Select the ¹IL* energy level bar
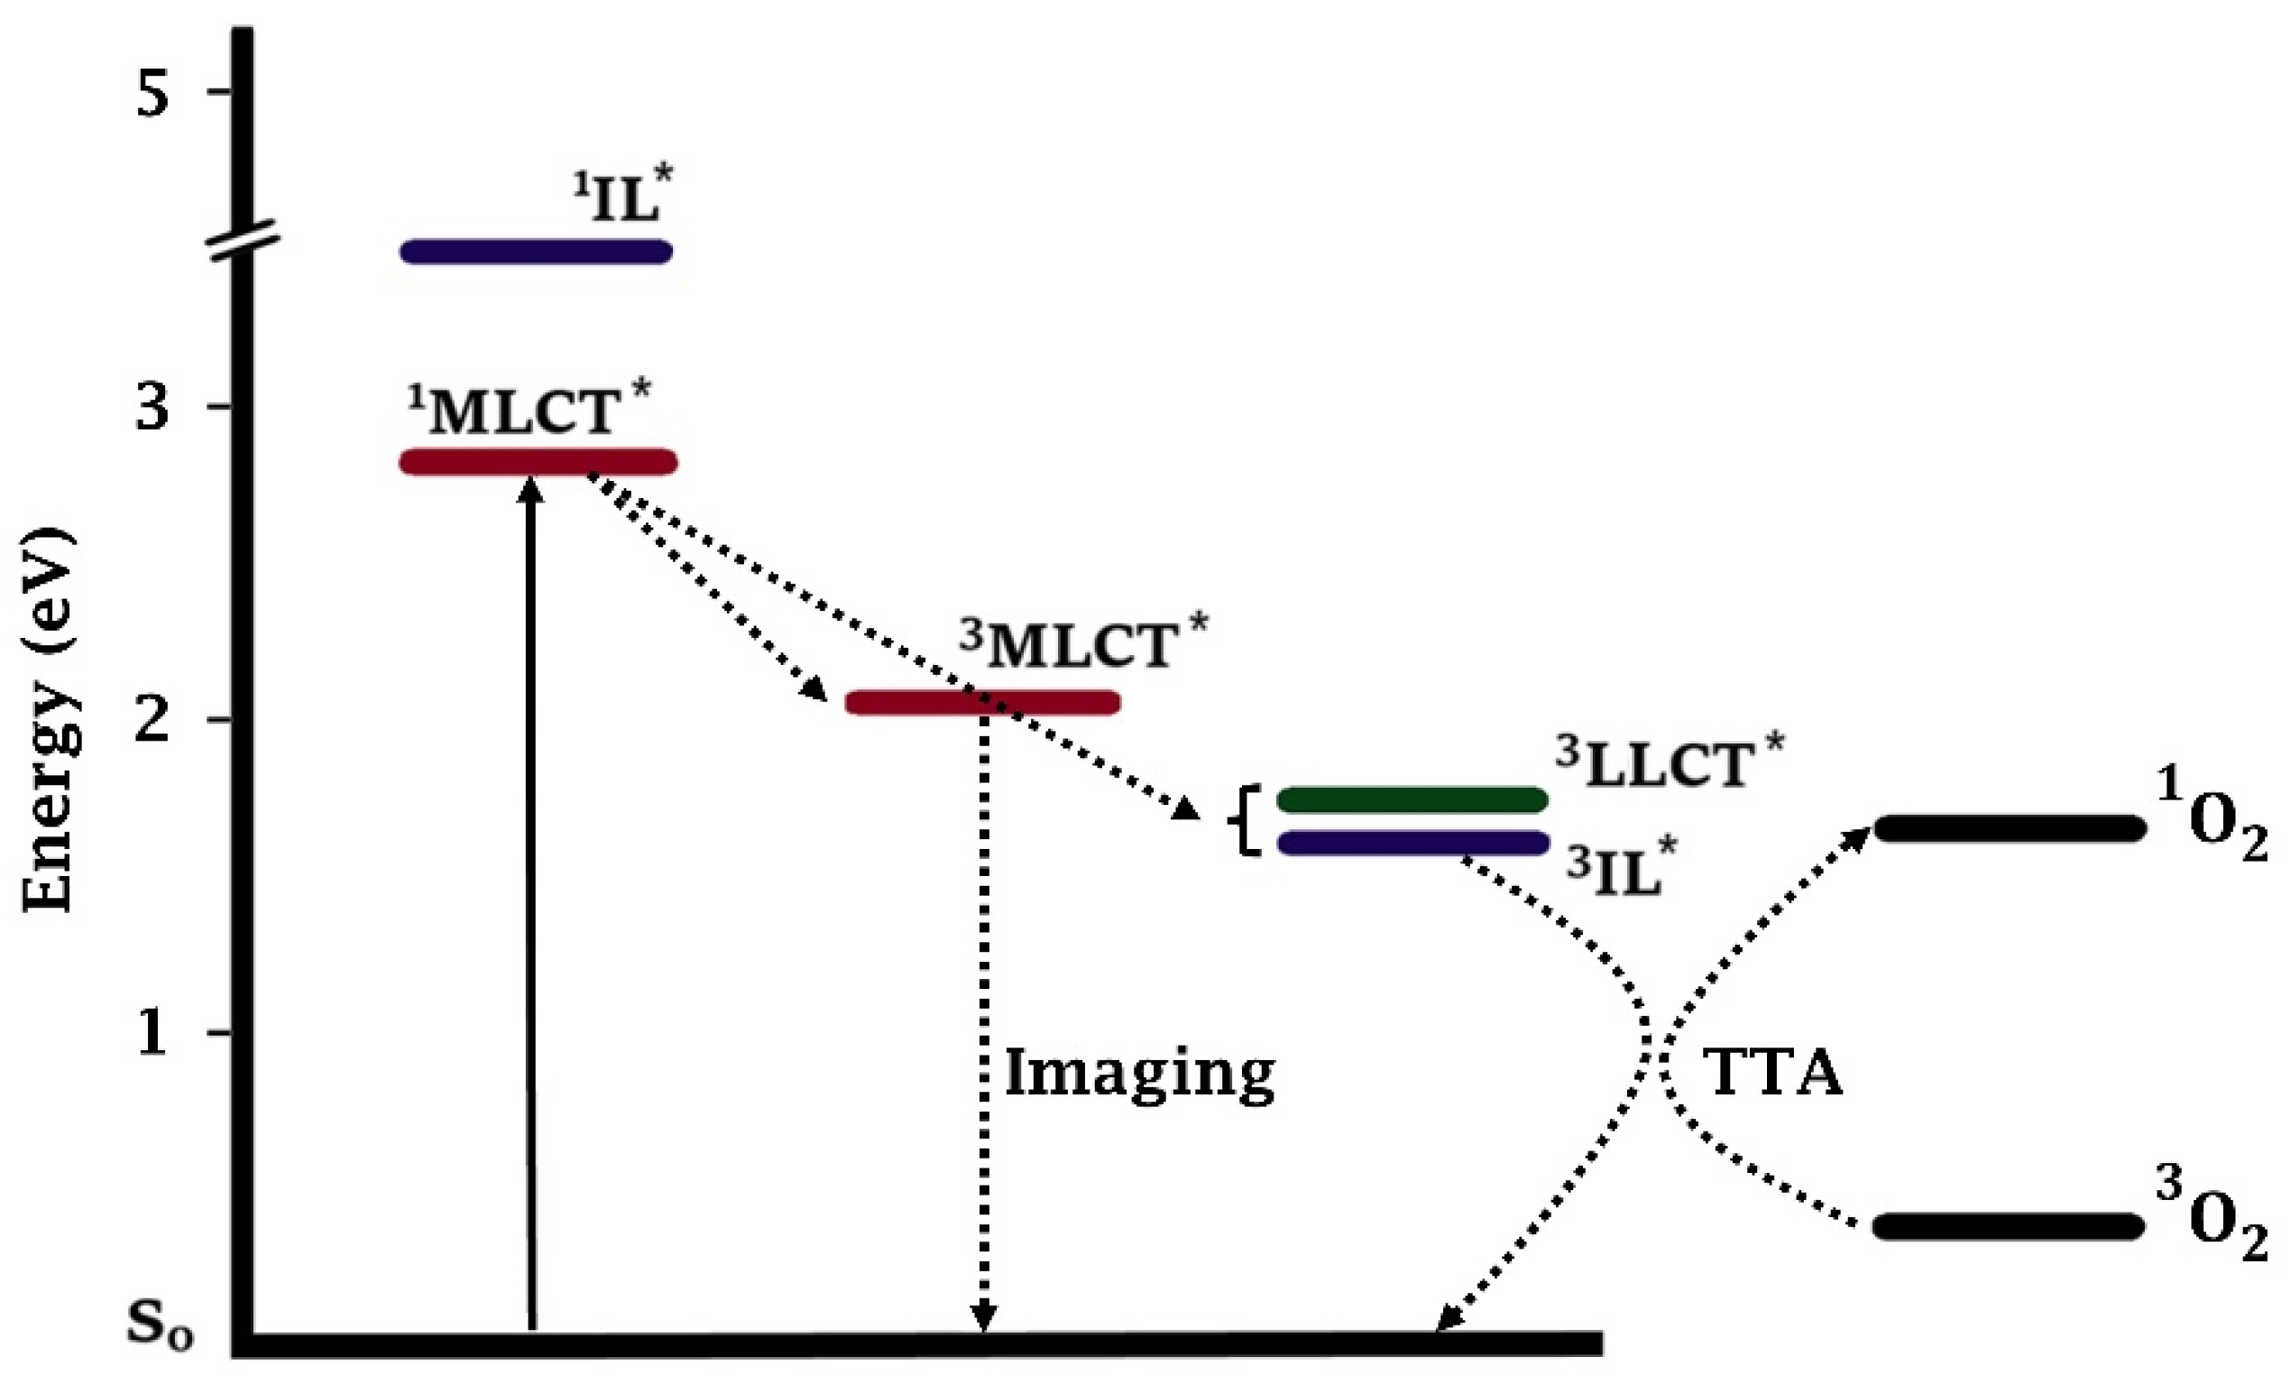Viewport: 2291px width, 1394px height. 537,251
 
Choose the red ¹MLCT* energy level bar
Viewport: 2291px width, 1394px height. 538,461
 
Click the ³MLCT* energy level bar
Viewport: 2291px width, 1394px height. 983,702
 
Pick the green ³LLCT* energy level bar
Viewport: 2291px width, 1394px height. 1412,799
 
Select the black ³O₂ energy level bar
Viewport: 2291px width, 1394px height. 2009,1225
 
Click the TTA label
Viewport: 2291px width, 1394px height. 1775,1075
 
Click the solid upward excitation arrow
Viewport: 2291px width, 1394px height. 530,902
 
